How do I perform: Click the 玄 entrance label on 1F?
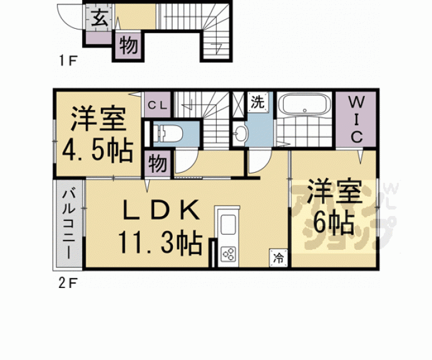(x=100, y=18)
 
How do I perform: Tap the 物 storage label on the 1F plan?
(x=129, y=46)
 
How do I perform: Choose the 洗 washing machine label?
(x=257, y=101)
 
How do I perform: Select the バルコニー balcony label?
(x=68, y=223)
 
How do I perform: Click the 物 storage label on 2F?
(x=157, y=164)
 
